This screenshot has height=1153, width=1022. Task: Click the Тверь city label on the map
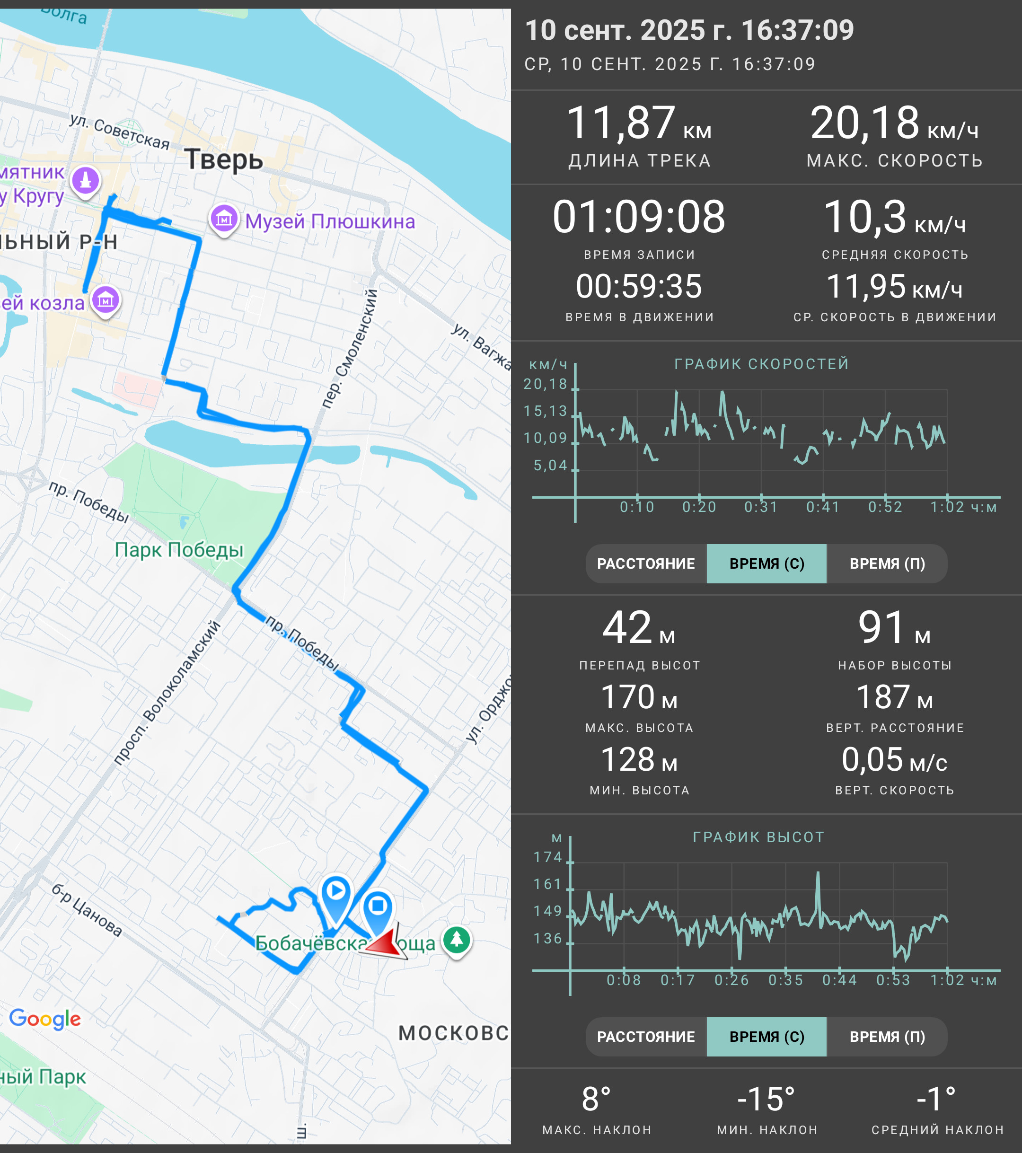(x=224, y=159)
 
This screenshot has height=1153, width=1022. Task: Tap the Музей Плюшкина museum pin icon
(x=224, y=220)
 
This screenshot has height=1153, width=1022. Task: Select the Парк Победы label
(x=179, y=549)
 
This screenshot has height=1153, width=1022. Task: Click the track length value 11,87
(x=620, y=123)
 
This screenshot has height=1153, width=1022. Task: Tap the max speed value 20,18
(x=864, y=123)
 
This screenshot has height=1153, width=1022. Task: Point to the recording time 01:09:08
(x=639, y=217)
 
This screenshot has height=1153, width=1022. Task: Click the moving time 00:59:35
(x=639, y=286)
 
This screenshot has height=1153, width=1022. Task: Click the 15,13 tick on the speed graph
(x=546, y=411)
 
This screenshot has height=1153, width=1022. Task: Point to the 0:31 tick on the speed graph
(x=761, y=507)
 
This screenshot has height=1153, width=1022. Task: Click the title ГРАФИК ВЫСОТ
(x=758, y=837)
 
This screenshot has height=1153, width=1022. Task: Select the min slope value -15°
(x=766, y=1099)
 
